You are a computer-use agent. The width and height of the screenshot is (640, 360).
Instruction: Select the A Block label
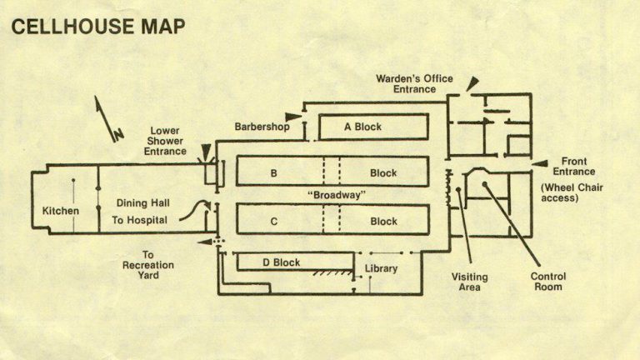362,127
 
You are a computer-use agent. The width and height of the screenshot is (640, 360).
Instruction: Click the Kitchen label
61,211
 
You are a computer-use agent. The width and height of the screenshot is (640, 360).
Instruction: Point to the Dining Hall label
142,203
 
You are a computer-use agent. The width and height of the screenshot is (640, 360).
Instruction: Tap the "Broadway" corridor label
337,195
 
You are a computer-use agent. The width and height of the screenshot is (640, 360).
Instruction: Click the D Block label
281,262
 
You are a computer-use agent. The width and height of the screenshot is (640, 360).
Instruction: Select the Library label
381,268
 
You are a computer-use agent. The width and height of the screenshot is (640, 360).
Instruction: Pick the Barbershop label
261,127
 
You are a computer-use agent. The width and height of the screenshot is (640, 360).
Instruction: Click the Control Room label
547,282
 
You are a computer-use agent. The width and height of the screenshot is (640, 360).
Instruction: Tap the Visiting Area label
472,282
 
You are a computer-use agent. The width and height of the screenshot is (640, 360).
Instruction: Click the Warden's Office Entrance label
414,84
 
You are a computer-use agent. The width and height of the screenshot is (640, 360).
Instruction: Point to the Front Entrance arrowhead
539,162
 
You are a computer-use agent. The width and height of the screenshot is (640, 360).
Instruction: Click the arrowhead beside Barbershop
292,117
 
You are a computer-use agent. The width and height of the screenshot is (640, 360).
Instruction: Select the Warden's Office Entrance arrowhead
472,82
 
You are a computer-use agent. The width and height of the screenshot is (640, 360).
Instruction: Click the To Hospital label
139,221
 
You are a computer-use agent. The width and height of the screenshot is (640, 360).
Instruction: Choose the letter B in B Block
273,173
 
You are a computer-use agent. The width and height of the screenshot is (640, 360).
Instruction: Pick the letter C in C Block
273,222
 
